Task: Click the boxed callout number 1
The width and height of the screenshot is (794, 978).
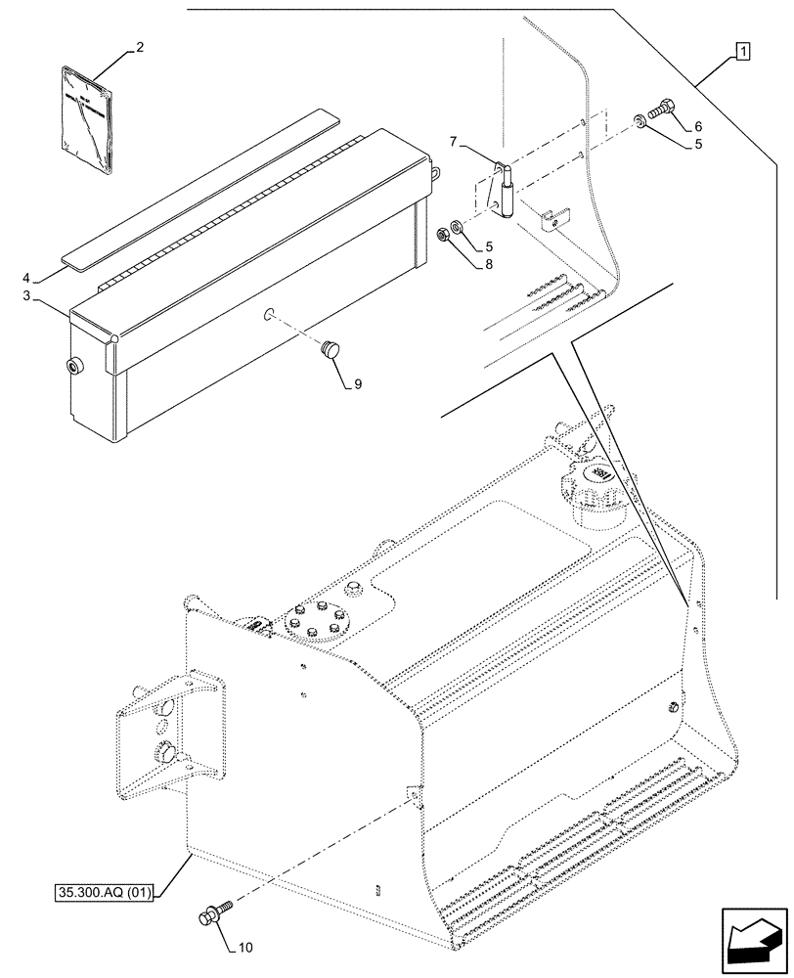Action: coord(744,52)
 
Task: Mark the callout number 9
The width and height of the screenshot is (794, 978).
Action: coord(357,384)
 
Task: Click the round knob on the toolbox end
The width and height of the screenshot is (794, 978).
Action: coord(74,367)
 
